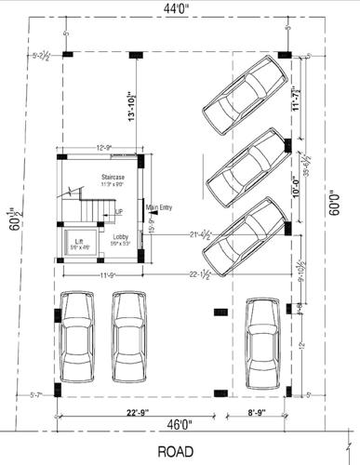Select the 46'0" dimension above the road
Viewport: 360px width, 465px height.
coord(181,425)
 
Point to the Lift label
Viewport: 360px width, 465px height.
coord(80,244)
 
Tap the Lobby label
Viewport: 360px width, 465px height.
coord(120,238)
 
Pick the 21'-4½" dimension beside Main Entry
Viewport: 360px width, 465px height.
coord(205,234)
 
